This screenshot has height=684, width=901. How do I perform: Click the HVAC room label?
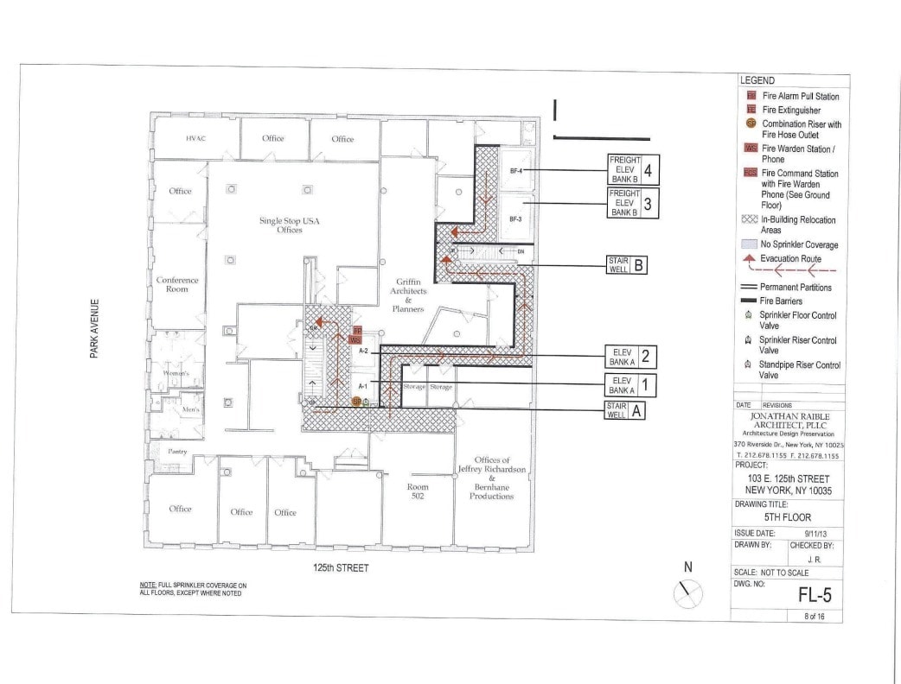[x=194, y=139]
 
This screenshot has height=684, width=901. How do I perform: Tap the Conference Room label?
[x=177, y=284]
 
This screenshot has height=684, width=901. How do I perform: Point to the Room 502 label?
[x=418, y=491]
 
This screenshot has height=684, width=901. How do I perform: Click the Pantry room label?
[x=165, y=452]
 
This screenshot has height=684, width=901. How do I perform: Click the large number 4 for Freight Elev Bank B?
[x=648, y=169]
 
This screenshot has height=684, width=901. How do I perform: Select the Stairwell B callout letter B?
[x=638, y=265]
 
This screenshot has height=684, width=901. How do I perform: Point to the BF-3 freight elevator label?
[x=515, y=219]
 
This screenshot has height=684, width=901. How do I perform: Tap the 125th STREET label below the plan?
[x=341, y=568]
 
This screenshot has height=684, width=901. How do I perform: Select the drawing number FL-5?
[x=812, y=595]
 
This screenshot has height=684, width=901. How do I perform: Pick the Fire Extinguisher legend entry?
[x=790, y=111]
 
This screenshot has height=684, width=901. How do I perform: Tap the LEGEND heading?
[x=757, y=80]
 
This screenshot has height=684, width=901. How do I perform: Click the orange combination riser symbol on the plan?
[x=356, y=402]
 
